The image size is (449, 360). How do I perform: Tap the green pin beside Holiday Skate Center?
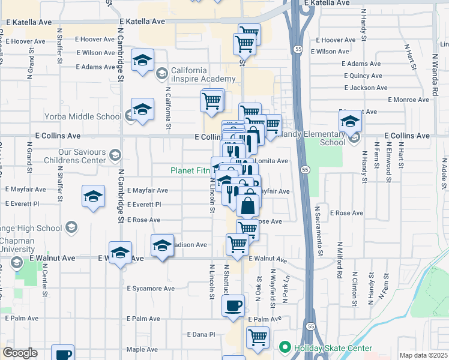click(x=285, y=347)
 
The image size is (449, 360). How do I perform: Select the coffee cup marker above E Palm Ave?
click(x=233, y=305)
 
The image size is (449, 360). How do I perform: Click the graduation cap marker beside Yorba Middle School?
click(x=142, y=109)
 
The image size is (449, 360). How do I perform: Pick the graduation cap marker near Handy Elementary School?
click(x=350, y=122)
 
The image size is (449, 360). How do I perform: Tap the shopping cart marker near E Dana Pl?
click(x=258, y=337)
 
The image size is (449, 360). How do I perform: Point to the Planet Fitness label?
click(x=191, y=170)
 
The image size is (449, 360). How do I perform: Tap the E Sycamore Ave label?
click(x=151, y=289)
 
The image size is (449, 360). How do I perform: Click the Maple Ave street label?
click(x=142, y=349)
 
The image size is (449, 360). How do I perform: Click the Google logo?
click(x=19, y=353)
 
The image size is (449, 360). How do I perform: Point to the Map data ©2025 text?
click(x=423, y=355)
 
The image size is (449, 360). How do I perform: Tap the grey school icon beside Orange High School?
click(x=71, y=227)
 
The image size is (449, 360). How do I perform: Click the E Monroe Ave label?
click(x=410, y=100)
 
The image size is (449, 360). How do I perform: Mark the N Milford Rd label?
click(x=340, y=260)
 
